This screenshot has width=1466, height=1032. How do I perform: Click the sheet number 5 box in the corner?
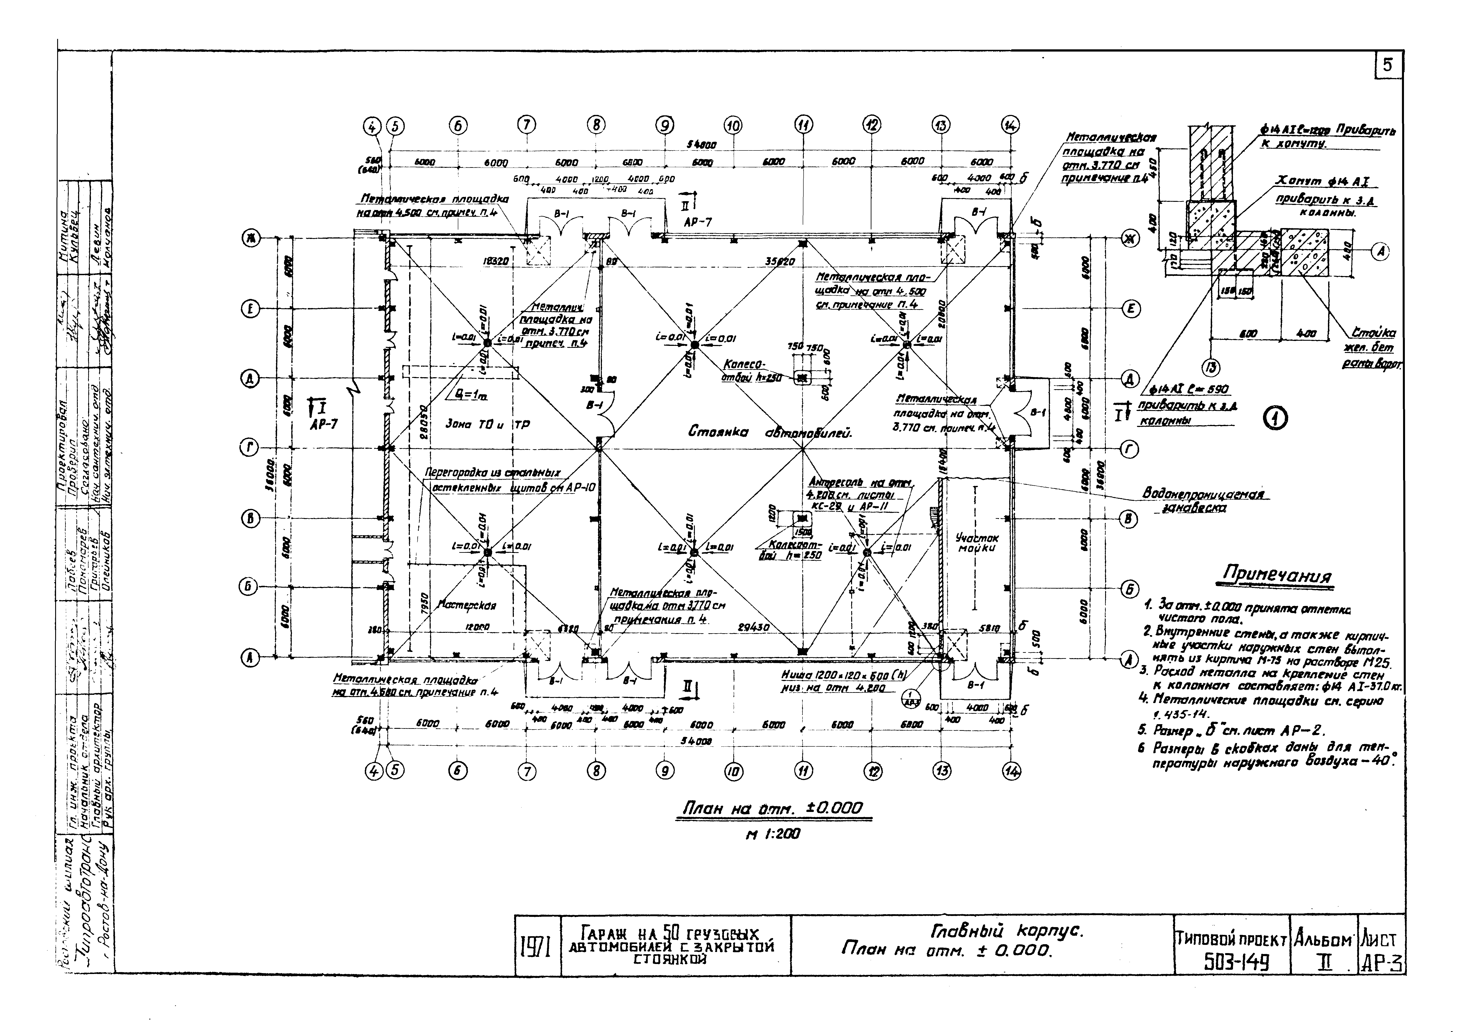coord(1388,65)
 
